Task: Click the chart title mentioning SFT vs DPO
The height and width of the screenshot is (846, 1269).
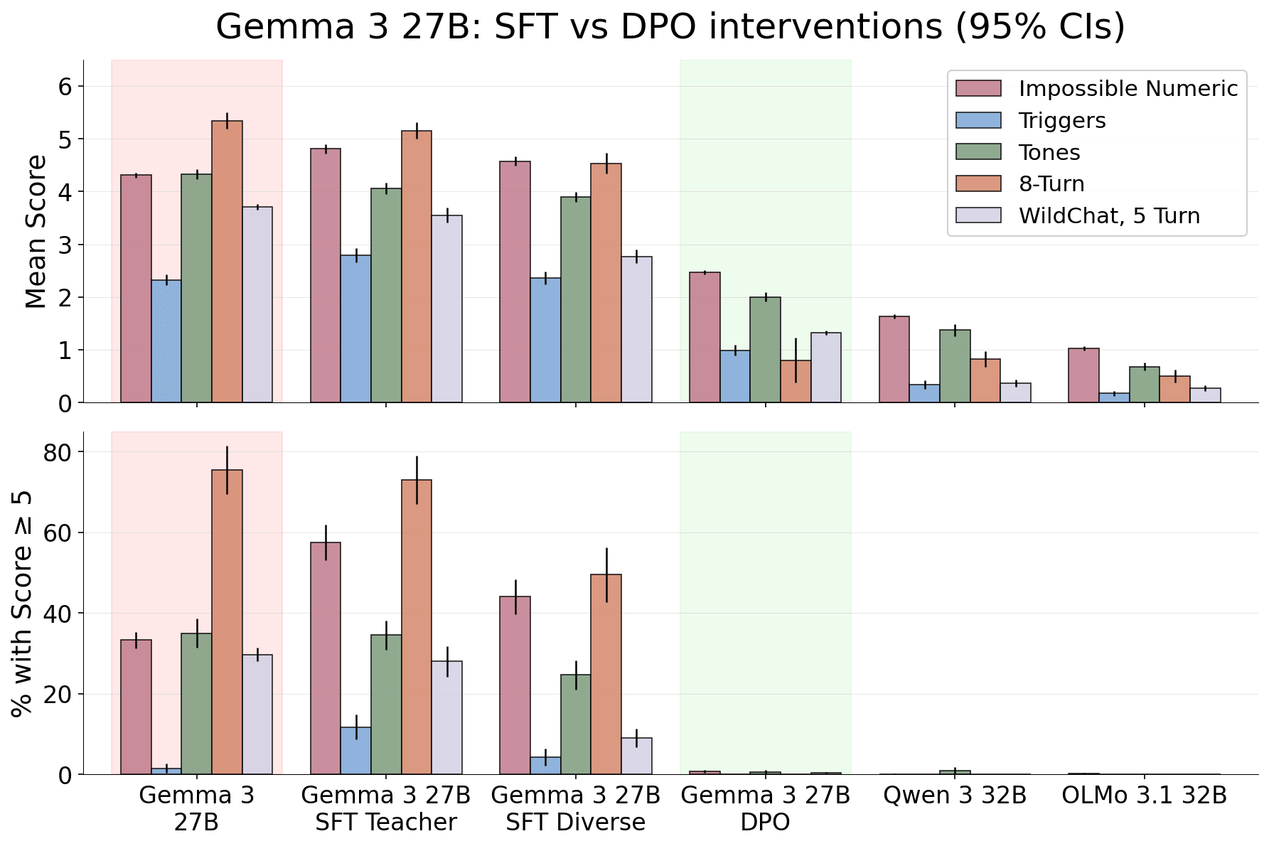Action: pos(670,27)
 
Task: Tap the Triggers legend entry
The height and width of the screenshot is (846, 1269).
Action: pos(1031,120)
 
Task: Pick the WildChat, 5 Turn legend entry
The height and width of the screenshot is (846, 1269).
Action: pos(1078,215)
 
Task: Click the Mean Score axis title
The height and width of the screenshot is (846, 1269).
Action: pos(36,232)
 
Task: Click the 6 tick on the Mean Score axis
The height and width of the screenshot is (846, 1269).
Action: pos(66,87)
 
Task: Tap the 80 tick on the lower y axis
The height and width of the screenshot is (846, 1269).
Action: pos(60,452)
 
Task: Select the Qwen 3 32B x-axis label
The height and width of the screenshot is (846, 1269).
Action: pos(955,796)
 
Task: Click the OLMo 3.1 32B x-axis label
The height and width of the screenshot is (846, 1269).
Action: pos(1145,796)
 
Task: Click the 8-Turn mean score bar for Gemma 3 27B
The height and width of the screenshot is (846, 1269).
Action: pos(227,262)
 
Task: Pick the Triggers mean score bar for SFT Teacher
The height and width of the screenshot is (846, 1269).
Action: pos(355,328)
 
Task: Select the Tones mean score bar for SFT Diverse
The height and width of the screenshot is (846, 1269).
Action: pos(576,299)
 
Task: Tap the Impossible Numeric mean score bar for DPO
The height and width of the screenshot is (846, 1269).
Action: pos(705,337)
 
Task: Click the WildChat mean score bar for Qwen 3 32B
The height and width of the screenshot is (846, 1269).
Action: pos(1016,392)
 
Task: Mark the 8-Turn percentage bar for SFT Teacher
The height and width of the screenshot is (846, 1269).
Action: pos(417,627)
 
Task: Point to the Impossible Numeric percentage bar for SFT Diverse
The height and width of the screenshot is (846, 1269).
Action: pos(515,685)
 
